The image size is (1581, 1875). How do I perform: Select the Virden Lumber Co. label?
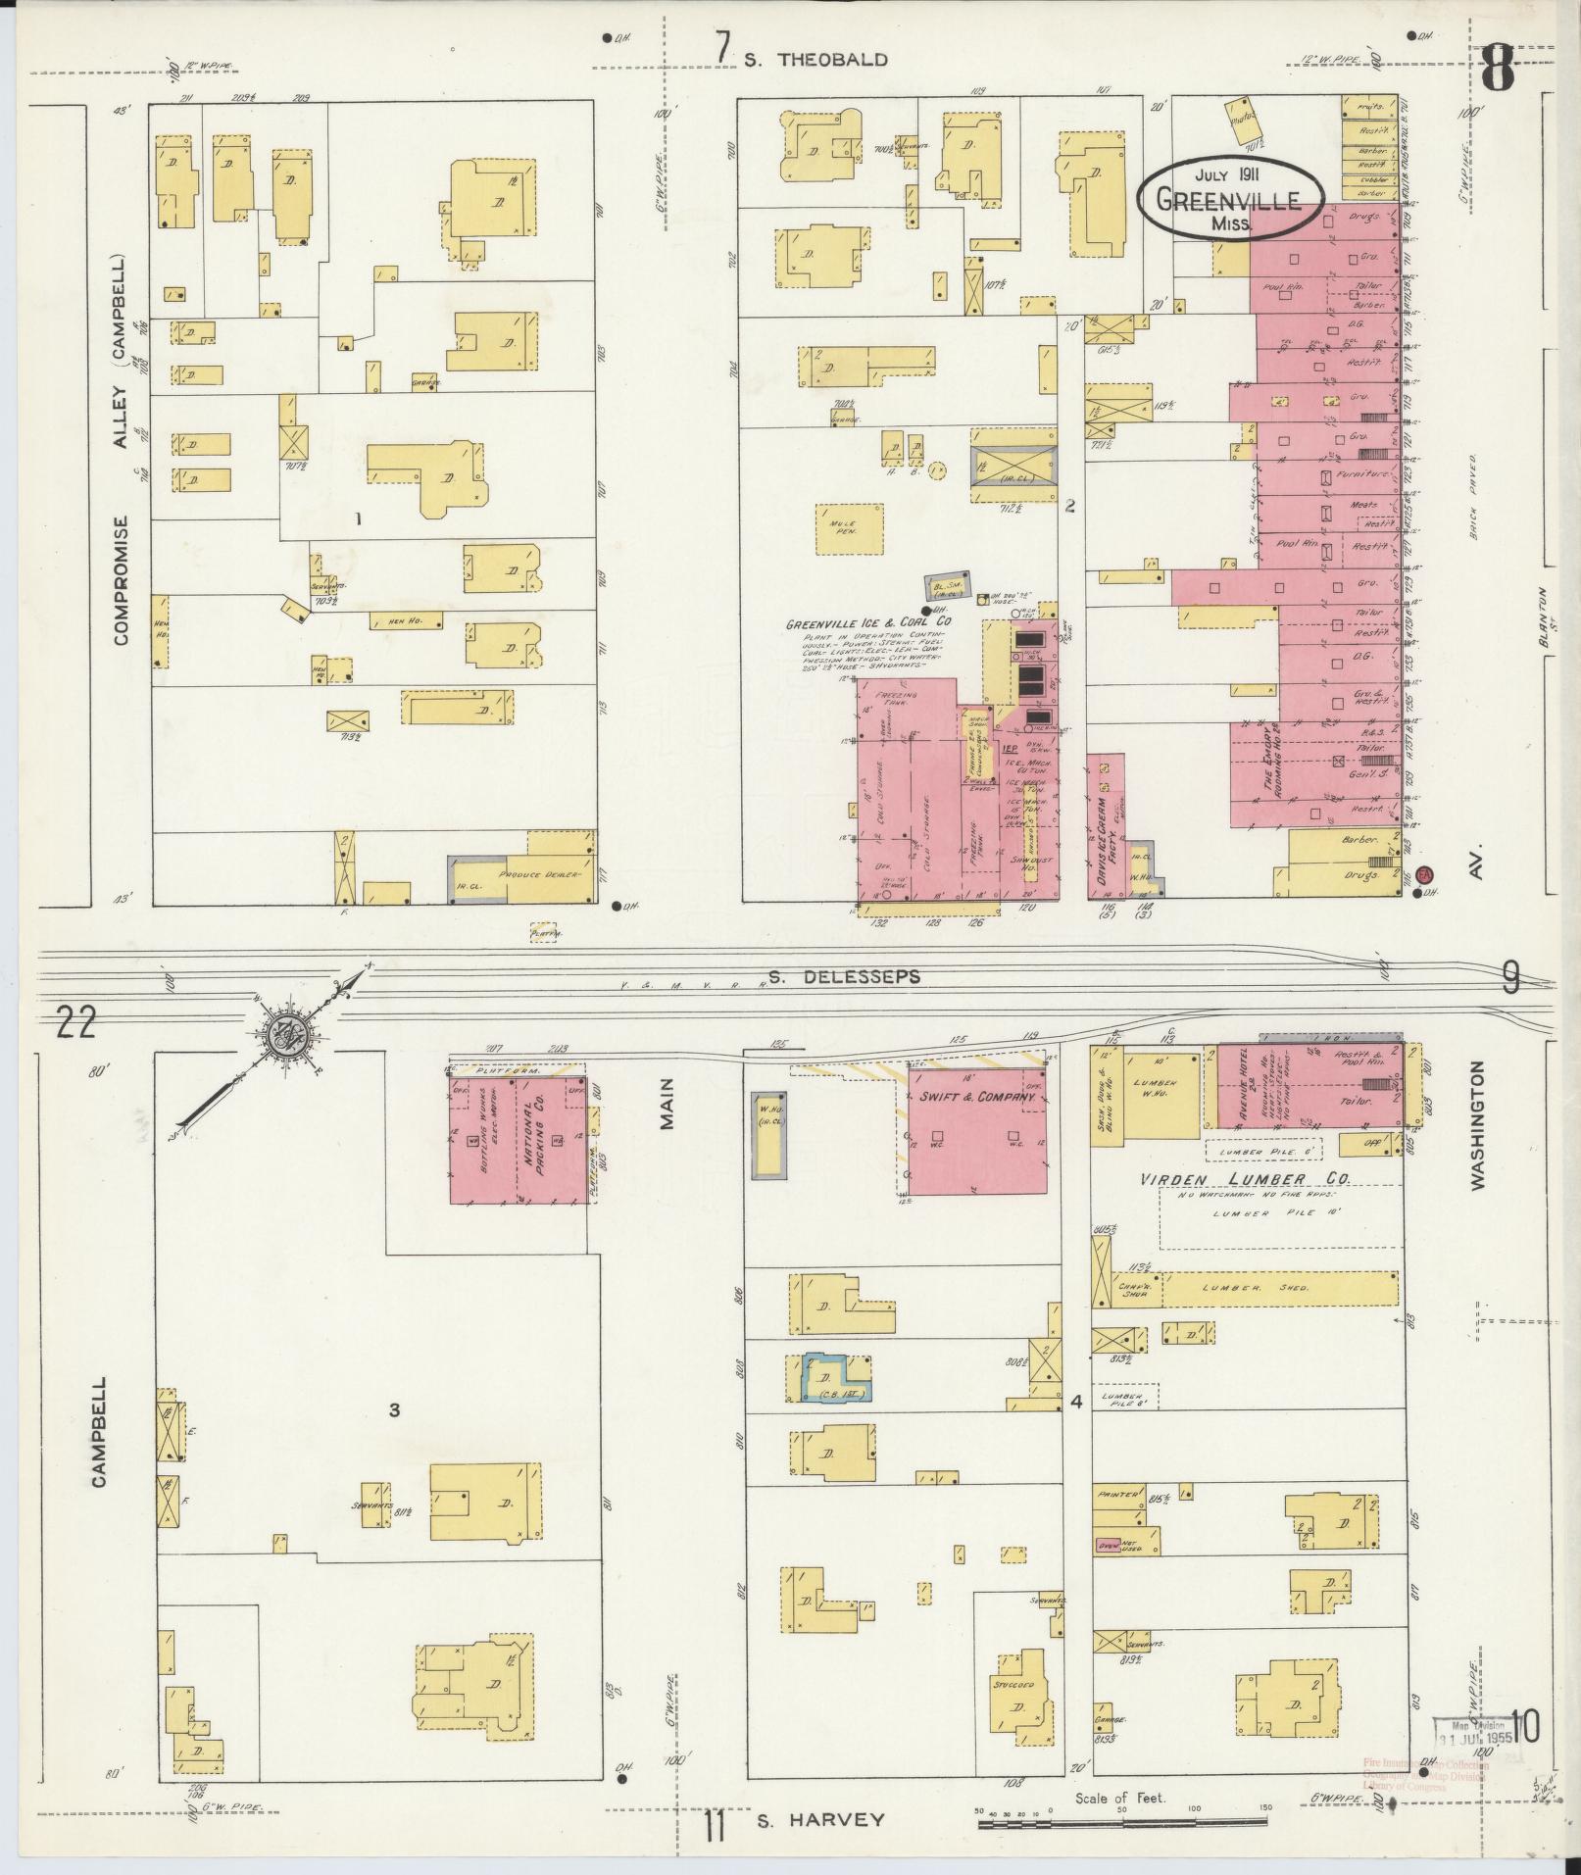coord(1245,1180)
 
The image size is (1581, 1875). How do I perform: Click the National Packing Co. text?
coord(536,1137)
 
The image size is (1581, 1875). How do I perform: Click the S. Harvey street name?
coord(819,1820)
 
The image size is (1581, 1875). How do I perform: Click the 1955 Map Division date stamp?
coord(1475,1735)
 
